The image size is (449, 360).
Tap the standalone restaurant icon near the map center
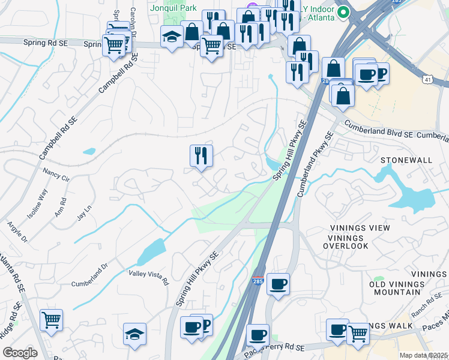[x=202, y=155]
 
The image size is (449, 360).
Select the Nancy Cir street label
[x=56, y=175]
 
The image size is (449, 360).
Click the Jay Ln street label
[x=84, y=214]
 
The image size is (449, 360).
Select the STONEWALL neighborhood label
[x=406, y=160]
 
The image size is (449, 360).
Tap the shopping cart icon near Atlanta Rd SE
[x=52, y=319]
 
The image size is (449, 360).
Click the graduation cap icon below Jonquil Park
[x=172, y=37]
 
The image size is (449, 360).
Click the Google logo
[x=20, y=353]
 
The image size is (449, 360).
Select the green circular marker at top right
[x=344, y=11]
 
